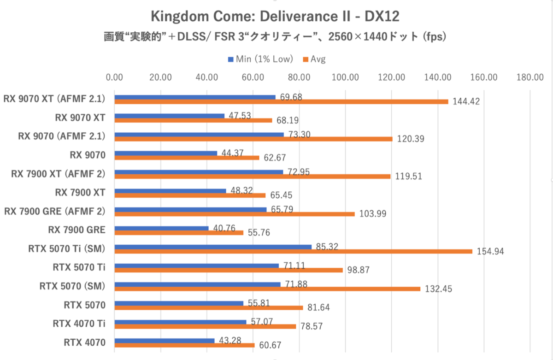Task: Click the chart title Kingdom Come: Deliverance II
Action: click(x=275, y=17)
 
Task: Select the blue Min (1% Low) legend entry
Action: click(x=260, y=59)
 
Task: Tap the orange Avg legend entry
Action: click(x=314, y=59)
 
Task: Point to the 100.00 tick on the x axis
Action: click(x=346, y=77)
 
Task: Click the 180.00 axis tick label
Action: click(x=530, y=77)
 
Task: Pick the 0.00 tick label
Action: click(x=114, y=77)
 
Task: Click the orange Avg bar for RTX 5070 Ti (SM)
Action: click(x=293, y=251)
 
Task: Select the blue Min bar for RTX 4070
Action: click(x=164, y=341)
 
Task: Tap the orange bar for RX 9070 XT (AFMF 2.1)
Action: click(x=281, y=102)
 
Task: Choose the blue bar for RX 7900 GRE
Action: click(x=161, y=228)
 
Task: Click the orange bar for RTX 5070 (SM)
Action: click(x=267, y=289)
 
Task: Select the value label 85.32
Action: click(x=327, y=247)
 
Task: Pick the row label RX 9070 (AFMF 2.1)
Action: click(x=61, y=136)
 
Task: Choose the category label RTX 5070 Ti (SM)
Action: click(x=66, y=249)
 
